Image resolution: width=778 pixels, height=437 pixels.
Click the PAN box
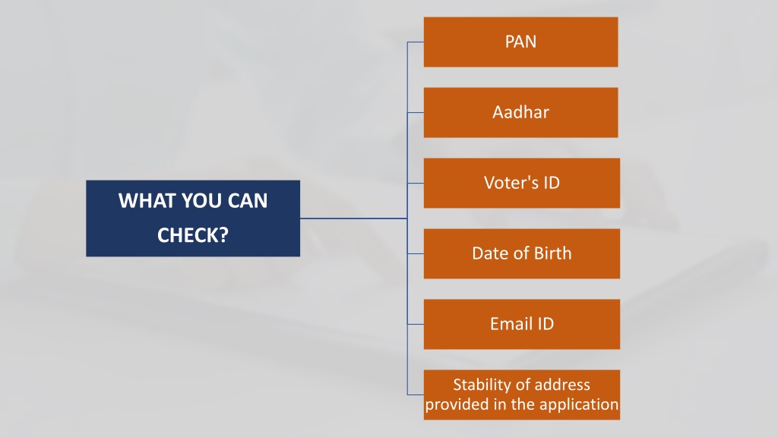click(520, 42)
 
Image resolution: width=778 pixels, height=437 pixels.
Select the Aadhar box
click(520, 112)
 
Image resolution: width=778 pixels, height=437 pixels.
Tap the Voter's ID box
click(521, 183)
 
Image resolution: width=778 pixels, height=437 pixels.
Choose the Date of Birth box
click(521, 253)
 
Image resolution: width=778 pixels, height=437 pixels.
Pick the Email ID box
click(521, 324)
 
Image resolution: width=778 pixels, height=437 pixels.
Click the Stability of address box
click(521, 395)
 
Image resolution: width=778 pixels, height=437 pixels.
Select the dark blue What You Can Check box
click(193, 218)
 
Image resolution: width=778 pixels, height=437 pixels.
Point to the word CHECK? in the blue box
click(193, 235)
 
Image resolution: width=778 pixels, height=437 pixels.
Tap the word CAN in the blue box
click(248, 200)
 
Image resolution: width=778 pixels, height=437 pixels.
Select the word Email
click(511, 324)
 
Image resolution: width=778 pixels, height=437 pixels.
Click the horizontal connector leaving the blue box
click(354, 218)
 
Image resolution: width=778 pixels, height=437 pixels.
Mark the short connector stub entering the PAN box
click(416, 42)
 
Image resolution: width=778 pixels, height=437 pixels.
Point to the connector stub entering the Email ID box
click(416, 325)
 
